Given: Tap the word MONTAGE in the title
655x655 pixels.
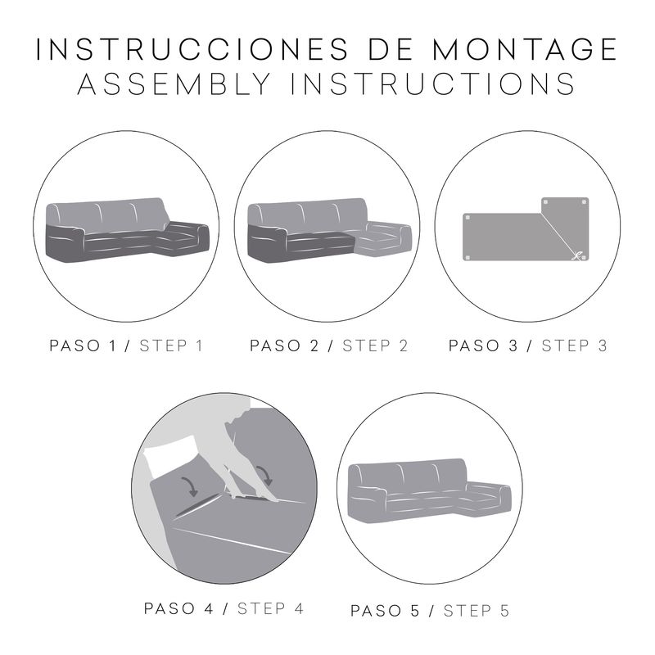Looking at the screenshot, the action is point(524,49).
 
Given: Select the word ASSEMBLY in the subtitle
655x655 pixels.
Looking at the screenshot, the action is point(174,84).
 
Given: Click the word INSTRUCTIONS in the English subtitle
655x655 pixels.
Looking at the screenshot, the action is point(433,84).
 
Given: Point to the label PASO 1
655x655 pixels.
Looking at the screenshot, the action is point(83,346).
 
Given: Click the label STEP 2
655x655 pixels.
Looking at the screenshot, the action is point(375,346).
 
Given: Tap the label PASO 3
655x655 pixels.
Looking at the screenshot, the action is point(483,346).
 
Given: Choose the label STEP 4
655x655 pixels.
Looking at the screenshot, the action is point(271,608).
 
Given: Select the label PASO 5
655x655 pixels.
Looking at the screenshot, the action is point(385,611).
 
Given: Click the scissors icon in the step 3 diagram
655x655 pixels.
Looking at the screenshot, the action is point(577,255).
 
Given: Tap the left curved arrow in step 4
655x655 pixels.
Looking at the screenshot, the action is point(190,486).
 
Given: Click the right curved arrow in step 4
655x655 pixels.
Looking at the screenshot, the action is point(264,476).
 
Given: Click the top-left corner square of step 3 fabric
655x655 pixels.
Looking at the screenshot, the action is point(468,218).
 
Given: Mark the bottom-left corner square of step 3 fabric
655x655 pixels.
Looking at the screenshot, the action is point(468,257).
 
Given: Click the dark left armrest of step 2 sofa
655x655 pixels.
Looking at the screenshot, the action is point(267,243).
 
